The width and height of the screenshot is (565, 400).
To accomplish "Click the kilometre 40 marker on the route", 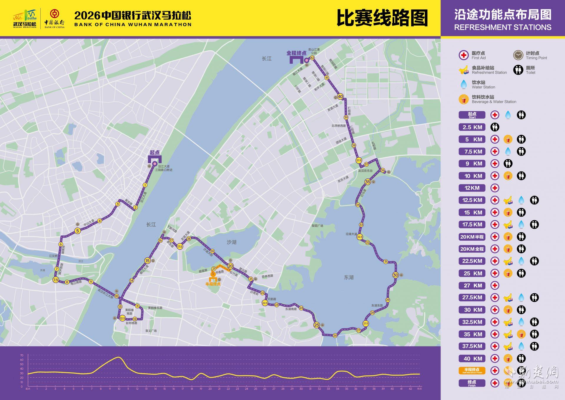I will [340, 97].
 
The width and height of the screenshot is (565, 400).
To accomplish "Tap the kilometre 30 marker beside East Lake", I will [395, 275].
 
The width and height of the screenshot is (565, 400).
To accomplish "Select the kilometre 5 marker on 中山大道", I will [78, 231].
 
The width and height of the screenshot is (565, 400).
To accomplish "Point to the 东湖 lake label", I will [349, 277].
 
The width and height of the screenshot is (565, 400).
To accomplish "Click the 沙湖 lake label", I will [232, 242].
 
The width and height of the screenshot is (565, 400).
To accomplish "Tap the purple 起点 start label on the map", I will [154, 153].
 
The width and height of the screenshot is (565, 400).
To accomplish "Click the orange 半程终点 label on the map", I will [213, 284].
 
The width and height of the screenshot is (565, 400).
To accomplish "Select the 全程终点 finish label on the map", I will [296, 53].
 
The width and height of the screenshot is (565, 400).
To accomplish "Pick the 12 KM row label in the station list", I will [472, 188].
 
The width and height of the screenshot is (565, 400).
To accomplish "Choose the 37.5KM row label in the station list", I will [472, 346].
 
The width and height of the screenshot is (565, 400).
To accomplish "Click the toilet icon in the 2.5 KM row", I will [495, 127].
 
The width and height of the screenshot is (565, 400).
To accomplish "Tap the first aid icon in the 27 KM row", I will [495, 285].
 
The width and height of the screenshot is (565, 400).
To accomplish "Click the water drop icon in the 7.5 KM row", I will [508, 151].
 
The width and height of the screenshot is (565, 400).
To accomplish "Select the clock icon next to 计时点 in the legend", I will [518, 55].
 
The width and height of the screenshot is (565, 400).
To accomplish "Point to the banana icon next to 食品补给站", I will [464, 70].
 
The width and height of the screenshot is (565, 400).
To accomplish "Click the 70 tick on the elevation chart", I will [22, 356].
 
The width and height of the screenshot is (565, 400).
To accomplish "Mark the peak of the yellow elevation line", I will [118, 357].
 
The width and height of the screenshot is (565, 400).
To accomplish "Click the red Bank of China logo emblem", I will [54, 14].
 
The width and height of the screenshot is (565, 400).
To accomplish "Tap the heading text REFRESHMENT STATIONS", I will [503, 27].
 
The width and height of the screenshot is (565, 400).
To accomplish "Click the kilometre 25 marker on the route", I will [317, 325].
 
